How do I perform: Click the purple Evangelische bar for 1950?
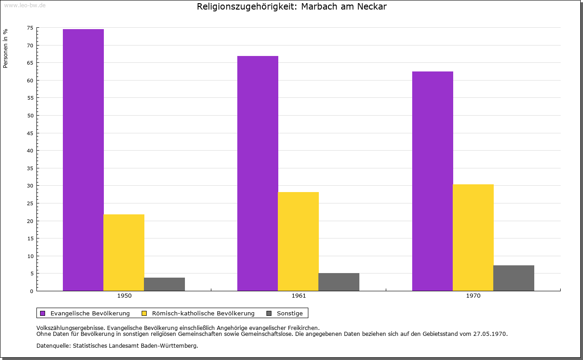83,160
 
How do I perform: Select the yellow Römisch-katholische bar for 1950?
124,252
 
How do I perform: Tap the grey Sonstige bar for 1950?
164,284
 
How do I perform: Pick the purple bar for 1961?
258,173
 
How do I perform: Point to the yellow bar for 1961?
298,241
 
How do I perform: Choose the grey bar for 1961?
339,282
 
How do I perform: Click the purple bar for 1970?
433,181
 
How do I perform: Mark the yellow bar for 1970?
473,237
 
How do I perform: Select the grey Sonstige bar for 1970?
514,278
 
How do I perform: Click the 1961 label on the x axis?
299,296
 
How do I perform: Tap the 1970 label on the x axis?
473,296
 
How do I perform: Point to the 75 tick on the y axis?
30,28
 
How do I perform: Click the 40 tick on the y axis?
30,151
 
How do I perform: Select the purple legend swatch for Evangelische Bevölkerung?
43,313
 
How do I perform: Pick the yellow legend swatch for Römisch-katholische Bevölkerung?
144,313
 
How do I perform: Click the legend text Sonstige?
290,313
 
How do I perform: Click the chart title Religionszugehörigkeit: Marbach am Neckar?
291,7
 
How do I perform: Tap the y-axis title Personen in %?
5,48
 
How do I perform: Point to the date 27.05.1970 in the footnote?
490,334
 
